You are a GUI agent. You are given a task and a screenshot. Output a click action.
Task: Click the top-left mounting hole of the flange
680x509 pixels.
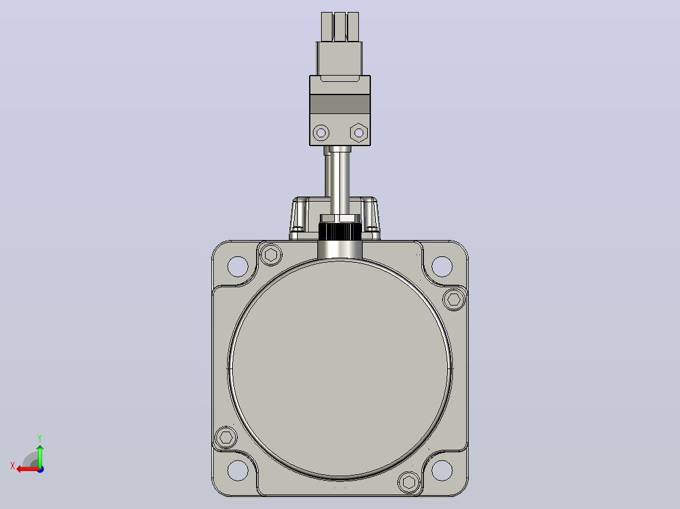[x=238, y=266]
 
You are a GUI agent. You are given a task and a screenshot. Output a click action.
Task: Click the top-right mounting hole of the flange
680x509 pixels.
[x=442, y=266]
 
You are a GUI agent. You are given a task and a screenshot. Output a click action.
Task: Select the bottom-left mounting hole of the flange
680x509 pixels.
[x=238, y=470]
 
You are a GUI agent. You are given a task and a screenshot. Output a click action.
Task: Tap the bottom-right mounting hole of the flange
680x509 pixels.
[x=442, y=470]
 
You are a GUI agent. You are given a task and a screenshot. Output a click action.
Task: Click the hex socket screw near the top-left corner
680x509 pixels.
[x=271, y=254]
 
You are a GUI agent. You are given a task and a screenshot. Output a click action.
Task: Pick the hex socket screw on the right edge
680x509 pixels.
[x=454, y=299]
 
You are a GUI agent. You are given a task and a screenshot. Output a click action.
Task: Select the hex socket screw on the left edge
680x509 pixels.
[x=226, y=437]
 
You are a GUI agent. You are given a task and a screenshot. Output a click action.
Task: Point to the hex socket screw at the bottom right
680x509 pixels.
[x=409, y=482]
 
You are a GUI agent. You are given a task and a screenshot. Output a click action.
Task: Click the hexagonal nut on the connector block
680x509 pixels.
[x=359, y=132]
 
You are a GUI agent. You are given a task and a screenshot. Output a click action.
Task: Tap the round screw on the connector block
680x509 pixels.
[x=321, y=132]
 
